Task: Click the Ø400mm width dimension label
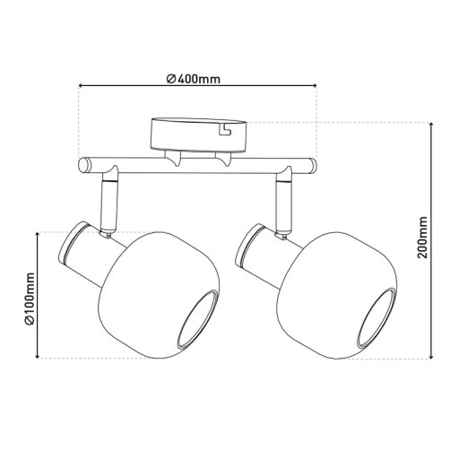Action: coord(195,78)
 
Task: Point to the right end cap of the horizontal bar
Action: coord(312,165)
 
